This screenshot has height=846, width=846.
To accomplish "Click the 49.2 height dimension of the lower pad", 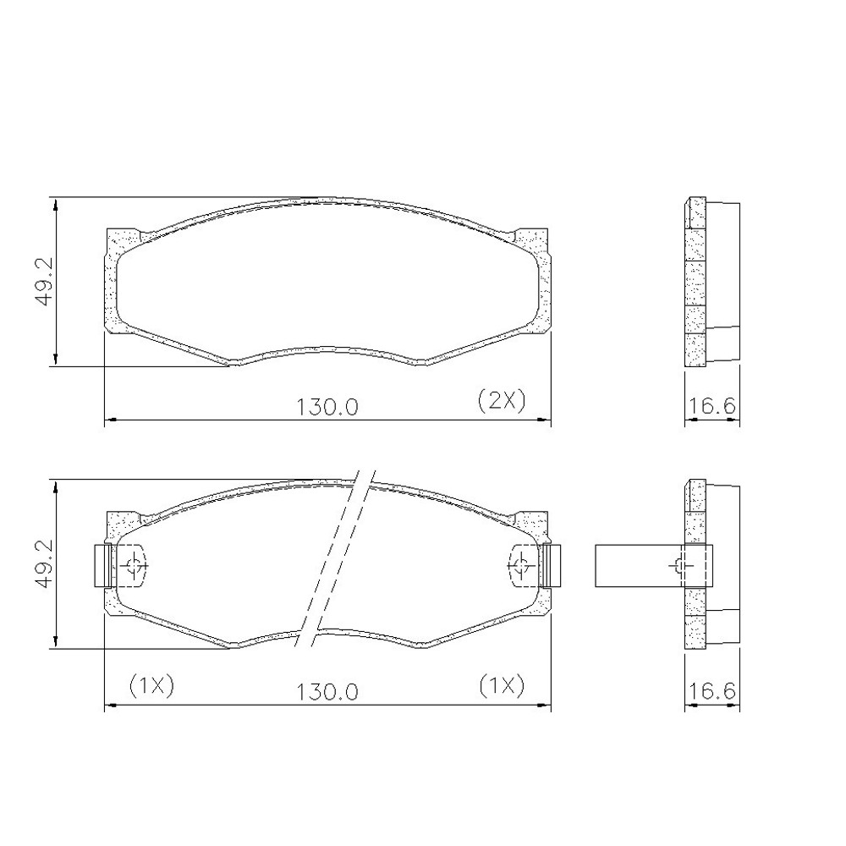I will coord(44,565).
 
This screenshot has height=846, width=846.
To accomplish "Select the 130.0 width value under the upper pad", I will coord(327,406).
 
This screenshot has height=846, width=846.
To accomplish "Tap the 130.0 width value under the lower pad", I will coord(327,691).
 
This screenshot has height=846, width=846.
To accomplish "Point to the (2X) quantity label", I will coord(502,399).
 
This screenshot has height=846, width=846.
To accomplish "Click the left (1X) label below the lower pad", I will coord(151,685).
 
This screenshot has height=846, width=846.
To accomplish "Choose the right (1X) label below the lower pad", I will coord(501,685).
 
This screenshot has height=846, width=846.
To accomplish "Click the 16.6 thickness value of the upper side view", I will coord(711,406).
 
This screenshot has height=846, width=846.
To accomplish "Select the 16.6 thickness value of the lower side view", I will coord(711,691).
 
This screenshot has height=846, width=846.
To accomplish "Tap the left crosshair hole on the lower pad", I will coord(134,565).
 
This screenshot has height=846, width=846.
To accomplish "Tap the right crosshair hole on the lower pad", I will coord(520,565).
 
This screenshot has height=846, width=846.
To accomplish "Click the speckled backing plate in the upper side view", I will coord(695,283).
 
